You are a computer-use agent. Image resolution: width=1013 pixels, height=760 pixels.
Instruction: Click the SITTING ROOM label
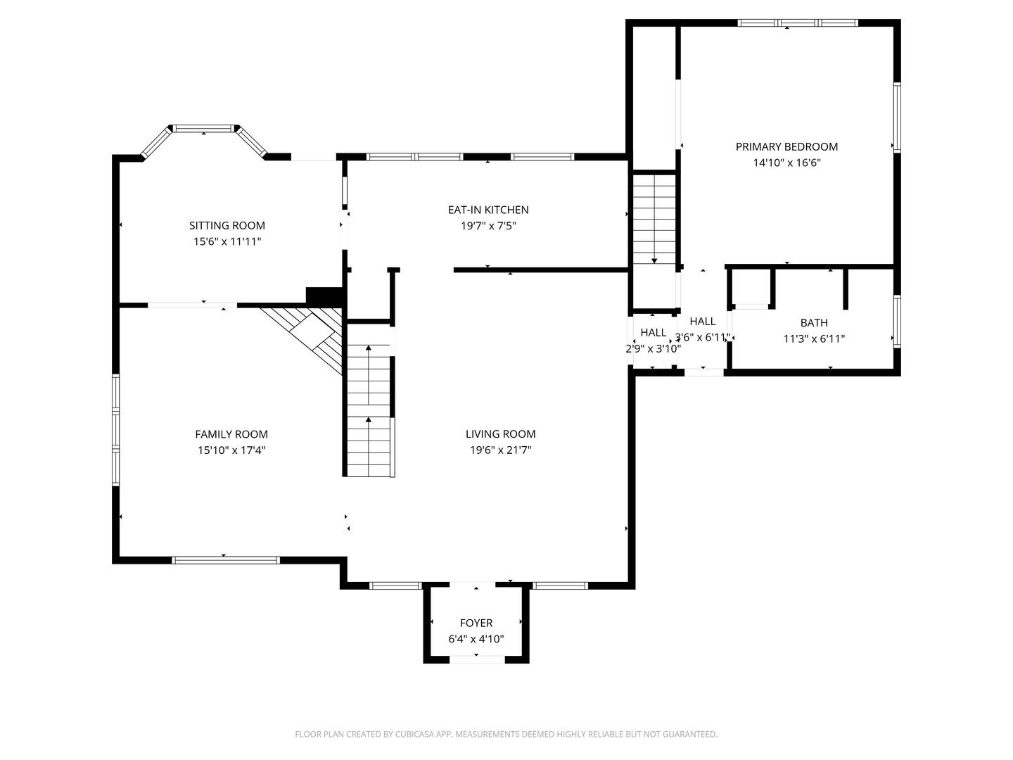[227, 226]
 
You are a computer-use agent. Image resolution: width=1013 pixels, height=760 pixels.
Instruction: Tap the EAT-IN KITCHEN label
[488, 210]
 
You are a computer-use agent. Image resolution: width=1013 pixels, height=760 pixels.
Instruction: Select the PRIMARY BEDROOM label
[787, 147]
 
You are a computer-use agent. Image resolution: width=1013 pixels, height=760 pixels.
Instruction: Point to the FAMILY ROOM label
[231, 434]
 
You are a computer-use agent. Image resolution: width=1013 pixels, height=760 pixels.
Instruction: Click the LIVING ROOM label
[501, 433]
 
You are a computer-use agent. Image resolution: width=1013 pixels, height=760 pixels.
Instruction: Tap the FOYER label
[476, 623]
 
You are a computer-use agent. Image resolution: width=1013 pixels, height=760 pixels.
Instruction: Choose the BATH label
[814, 322]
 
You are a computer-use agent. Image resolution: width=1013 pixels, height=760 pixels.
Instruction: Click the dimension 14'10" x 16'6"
[787, 163]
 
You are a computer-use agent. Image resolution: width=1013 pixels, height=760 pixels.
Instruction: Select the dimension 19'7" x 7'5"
[488, 226]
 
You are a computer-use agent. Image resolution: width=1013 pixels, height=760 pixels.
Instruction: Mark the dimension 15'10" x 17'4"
[231, 450]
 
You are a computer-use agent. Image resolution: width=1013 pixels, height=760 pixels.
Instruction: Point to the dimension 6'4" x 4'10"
[476, 639]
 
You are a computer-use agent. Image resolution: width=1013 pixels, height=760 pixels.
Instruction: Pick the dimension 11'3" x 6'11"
[814, 338]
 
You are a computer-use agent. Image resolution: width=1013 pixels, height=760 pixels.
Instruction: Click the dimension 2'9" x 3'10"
[653, 348]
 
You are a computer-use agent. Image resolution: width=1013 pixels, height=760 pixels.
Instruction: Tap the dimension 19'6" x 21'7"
[501, 450]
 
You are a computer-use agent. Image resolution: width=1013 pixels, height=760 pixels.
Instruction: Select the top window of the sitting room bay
[203, 128]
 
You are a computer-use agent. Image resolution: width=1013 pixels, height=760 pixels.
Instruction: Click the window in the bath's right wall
[897, 321]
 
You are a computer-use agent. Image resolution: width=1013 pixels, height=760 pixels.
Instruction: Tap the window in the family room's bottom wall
[226, 560]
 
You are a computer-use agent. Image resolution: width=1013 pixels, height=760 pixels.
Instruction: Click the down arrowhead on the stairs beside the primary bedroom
[654, 261]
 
